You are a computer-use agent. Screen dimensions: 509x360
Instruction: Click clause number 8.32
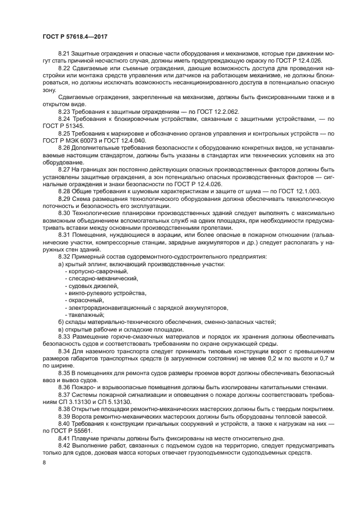[64, 256]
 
